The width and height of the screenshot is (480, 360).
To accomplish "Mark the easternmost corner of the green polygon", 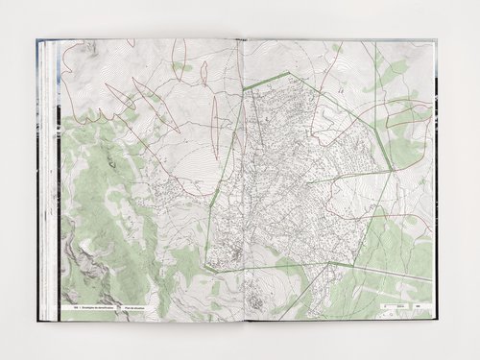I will pyautogui.click(x=395, y=170).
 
